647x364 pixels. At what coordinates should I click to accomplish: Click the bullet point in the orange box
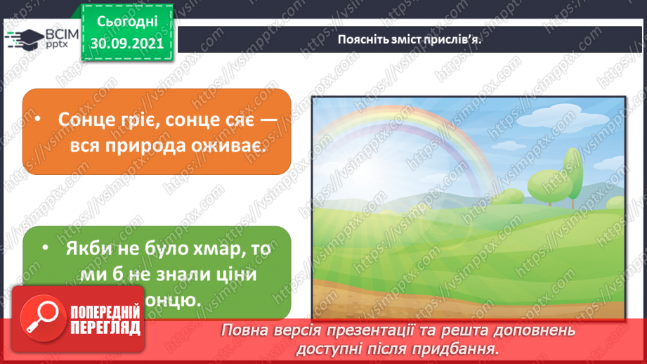(x=44, y=119)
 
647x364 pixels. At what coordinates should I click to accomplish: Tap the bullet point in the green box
(x=44, y=249)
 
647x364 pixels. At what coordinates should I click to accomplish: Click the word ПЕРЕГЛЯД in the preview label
(x=105, y=328)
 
